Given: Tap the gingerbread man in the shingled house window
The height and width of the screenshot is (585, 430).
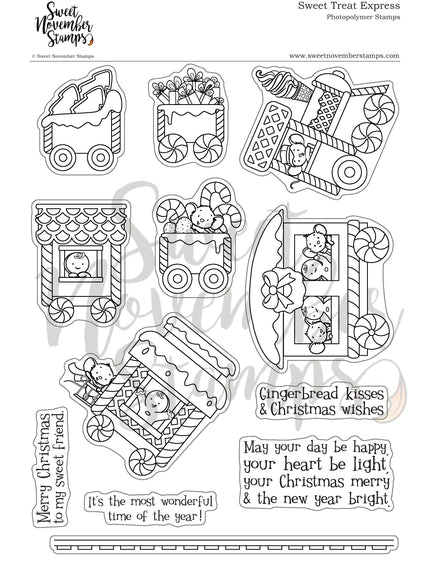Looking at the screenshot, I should pos(74,266).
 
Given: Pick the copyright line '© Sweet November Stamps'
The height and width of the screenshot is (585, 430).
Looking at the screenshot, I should pos(40,56).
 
